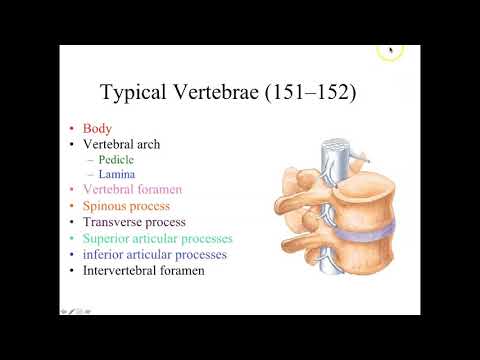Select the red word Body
pyautogui.click(x=98, y=129)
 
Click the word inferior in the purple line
pyautogui.click(x=108, y=254)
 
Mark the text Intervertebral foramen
pyautogui.click(x=146, y=270)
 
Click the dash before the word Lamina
pyautogui.click(x=89, y=174)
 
